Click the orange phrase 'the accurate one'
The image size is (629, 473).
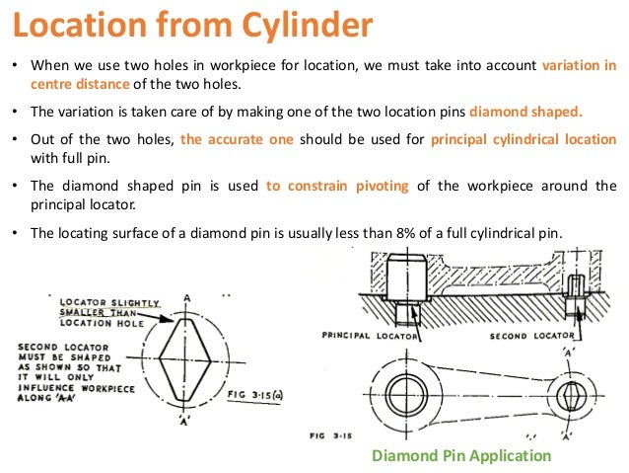click(x=237, y=139)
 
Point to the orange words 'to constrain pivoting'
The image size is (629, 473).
click(x=335, y=185)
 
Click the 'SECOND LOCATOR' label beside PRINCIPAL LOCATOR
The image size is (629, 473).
click(x=533, y=336)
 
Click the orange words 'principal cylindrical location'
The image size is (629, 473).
click(x=524, y=139)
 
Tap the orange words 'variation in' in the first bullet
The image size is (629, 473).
click(x=580, y=66)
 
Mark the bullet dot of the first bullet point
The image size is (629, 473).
click(x=15, y=66)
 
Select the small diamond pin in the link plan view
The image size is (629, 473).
click(x=569, y=398)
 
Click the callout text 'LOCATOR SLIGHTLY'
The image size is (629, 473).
click(x=104, y=301)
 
